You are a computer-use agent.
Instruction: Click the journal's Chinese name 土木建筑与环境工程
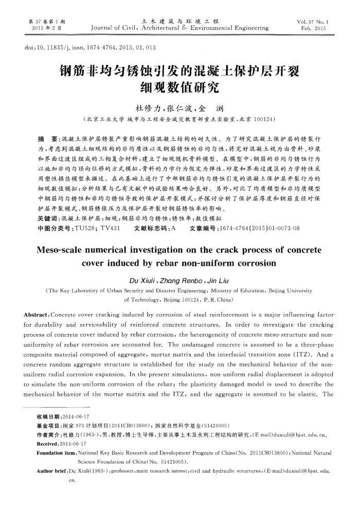179,21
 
